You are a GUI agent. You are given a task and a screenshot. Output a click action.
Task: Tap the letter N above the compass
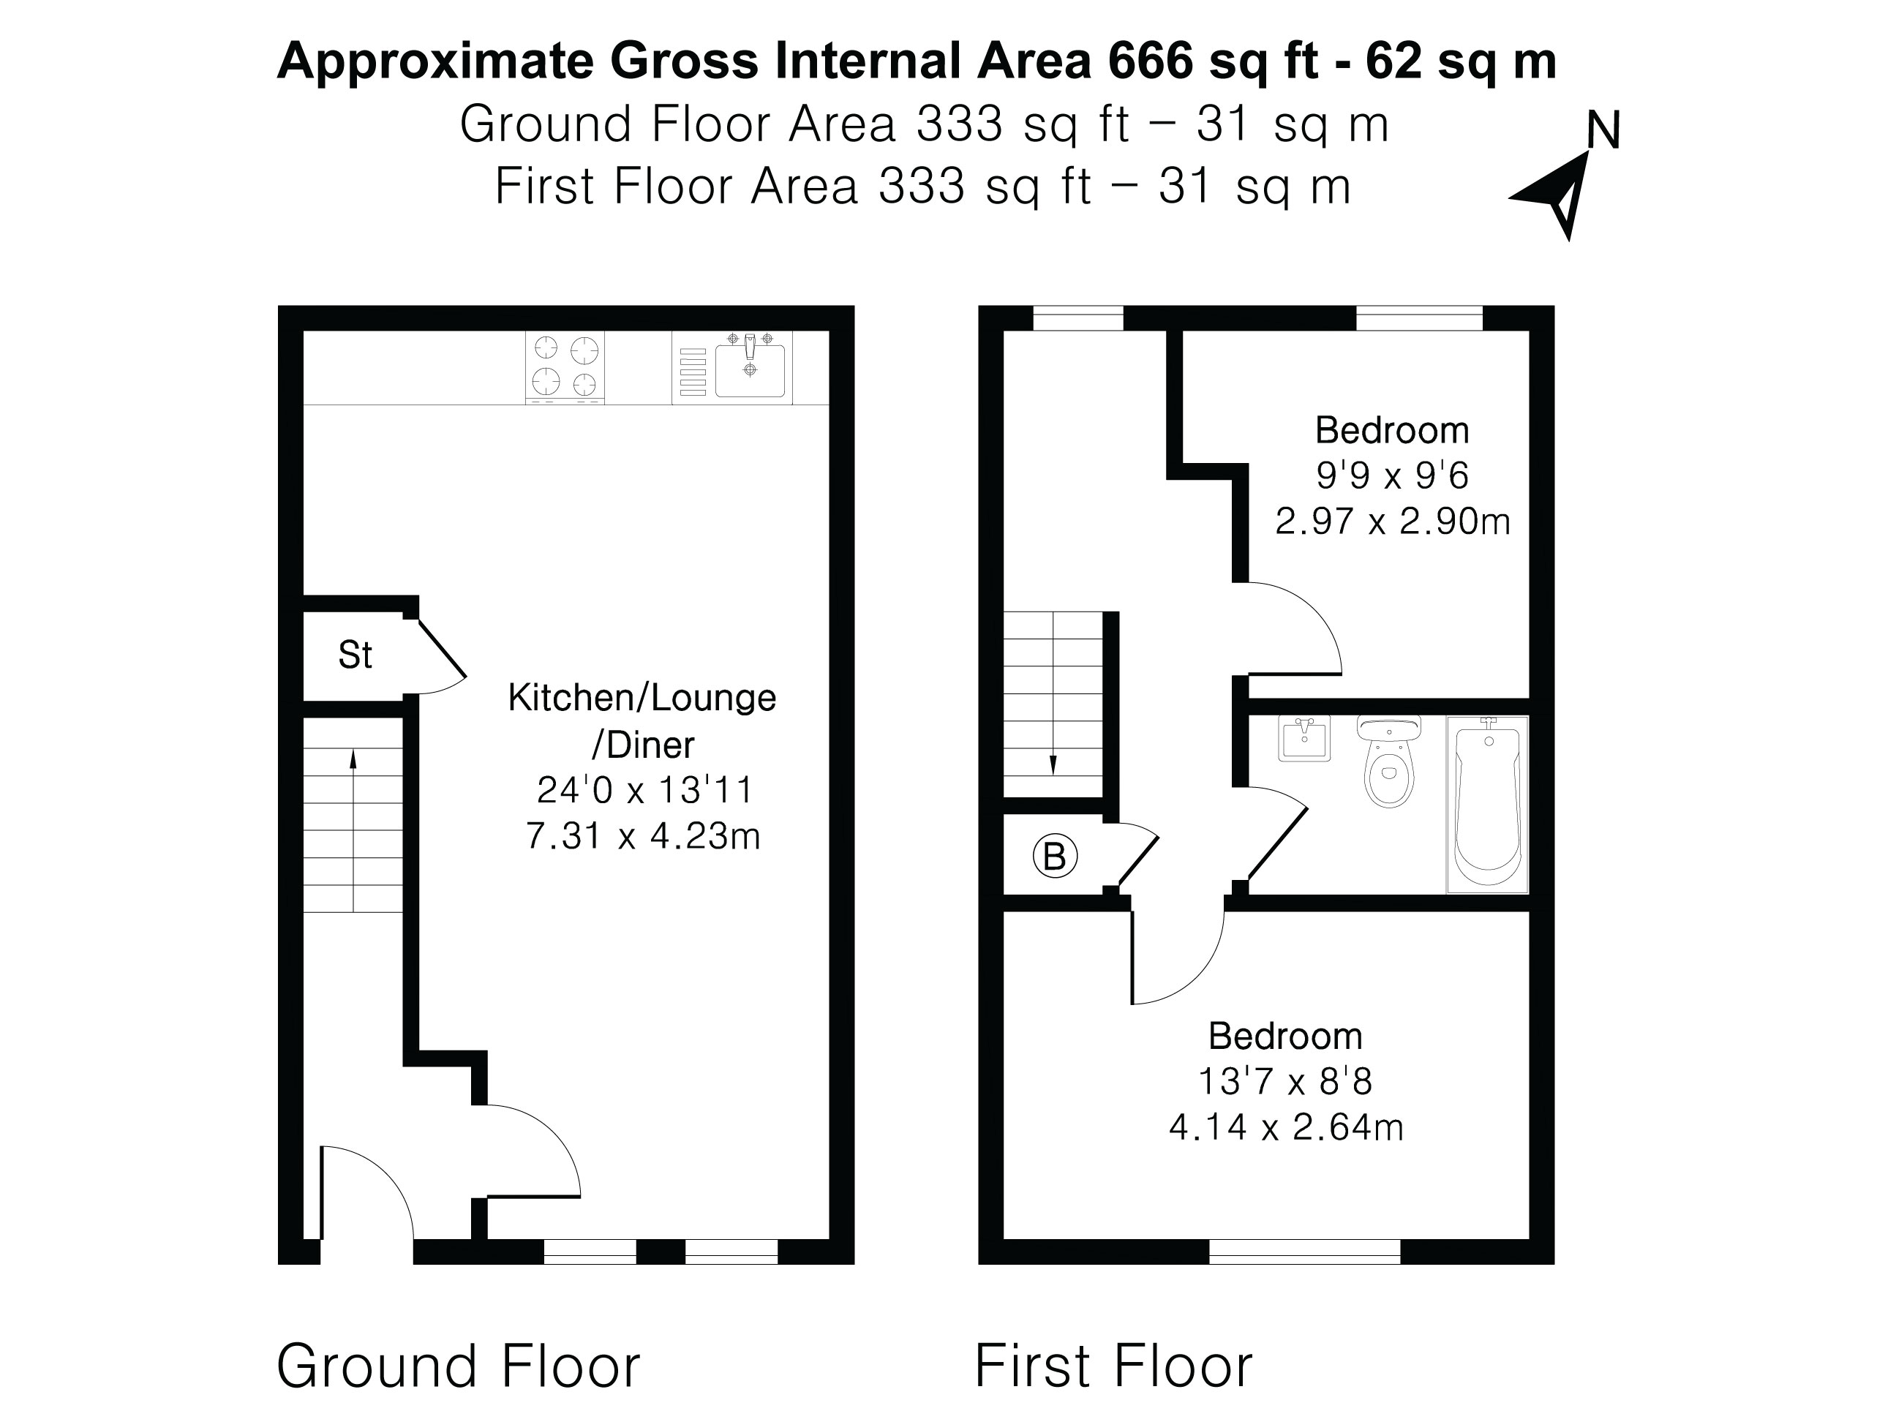pyautogui.click(x=1602, y=132)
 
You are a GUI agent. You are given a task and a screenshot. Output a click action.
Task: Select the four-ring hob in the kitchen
pyautogui.click(x=564, y=367)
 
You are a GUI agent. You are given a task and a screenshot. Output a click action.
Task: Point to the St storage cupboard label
pyautogui.click(x=355, y=655)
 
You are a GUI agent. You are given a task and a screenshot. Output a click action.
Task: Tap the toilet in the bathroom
pyautogui.click(x=1388, y=763)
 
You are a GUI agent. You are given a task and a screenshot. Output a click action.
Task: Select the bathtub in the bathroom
pyautogui.click(x=1487, y=804)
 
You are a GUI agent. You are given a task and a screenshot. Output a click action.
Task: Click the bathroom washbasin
pyautogui.click(x=1303, y=738)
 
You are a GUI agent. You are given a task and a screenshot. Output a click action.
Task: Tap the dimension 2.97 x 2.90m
pyautogui.click(x=1392, y=521)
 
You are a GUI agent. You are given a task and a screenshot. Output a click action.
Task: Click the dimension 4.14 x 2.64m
pyautogui.click(x=1286, y=1127)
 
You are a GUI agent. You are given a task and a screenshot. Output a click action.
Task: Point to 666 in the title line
pyautogui.click(x=1151, y=61)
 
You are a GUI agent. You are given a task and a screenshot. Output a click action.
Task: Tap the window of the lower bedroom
pyautogui.click(x=1304, y=1252)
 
